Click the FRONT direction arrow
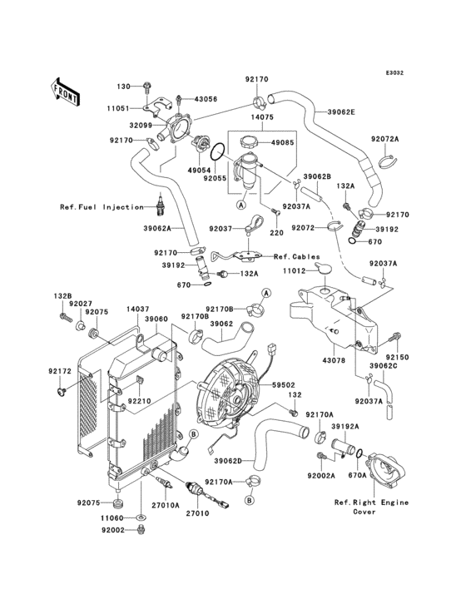65,92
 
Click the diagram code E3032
394,72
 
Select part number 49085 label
282,142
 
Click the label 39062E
341,111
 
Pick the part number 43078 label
334,360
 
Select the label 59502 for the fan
284,385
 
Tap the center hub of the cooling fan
235,399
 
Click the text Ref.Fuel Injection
102,207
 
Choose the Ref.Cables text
297,257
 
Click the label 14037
137,309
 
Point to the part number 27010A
166,505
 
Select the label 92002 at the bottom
113,530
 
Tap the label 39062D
228,461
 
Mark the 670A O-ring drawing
359,453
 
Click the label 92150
397,357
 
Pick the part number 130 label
123,87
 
